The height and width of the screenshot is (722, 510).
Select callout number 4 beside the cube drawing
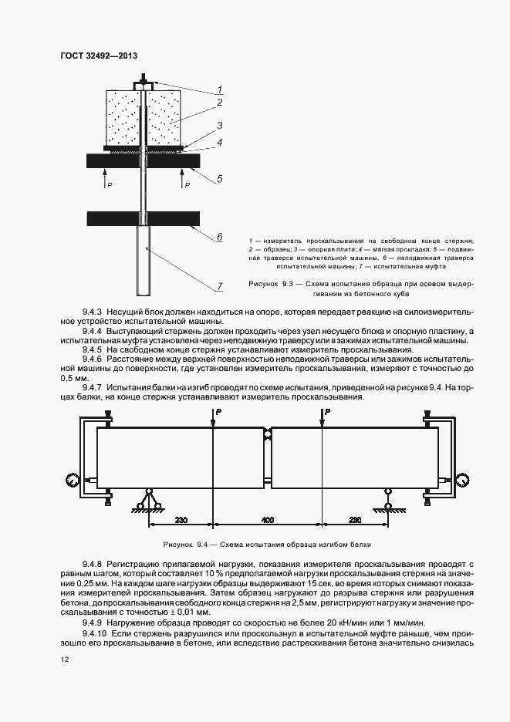[219, 143]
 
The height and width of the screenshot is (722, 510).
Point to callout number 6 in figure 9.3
[219, 237]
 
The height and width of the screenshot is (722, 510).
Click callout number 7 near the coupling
[219, 286]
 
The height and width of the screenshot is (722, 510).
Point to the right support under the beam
[387, 502]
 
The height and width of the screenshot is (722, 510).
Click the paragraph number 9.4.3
[93, 310]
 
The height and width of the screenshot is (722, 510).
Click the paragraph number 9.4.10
[95, 632]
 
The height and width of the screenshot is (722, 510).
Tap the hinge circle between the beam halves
[267, 434]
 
